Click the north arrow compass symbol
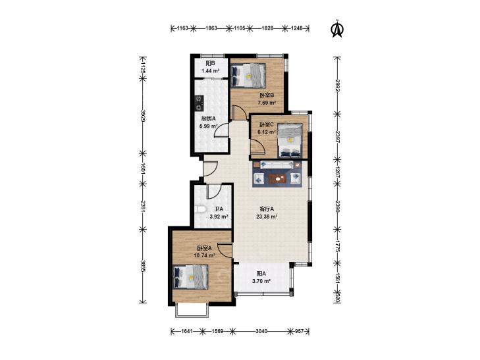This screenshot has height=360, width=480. [338, 29]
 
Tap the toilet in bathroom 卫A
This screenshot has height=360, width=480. [200, 209]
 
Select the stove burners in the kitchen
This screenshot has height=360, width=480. [200, 103]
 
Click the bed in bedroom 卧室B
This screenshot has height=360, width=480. [248, 75]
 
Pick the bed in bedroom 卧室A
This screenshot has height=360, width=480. [190, 277]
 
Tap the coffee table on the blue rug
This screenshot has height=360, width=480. [279, 178]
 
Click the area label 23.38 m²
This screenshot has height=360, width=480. [267, 217]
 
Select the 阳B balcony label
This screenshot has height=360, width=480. [210, 64]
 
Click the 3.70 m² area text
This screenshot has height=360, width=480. [261, 281]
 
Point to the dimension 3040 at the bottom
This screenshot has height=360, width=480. [261, 331]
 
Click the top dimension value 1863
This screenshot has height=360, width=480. [211, 28]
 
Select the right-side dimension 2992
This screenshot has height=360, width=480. [337, 86]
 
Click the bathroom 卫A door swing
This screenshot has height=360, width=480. [214, 191]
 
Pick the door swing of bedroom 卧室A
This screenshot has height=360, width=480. [225, 251]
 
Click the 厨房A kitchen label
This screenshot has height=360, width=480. [209, 118]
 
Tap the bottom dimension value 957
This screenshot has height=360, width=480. [299, 331]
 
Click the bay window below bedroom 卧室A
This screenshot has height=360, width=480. [192, 310]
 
